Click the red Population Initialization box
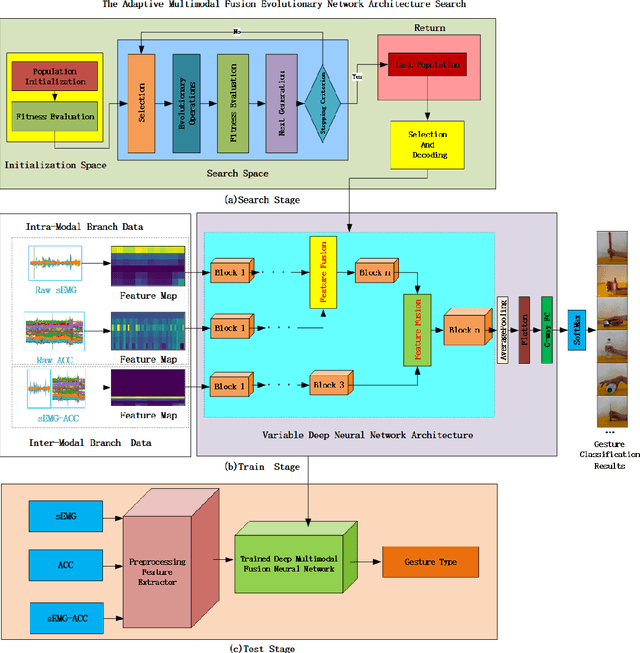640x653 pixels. coord(54,78)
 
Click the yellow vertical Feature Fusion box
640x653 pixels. coord(324,272)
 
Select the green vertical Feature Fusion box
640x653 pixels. coord(411,330)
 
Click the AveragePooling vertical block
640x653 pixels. coord(503,329)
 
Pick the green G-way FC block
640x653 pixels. coord(546,329)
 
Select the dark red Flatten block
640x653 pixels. coord(524,329)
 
